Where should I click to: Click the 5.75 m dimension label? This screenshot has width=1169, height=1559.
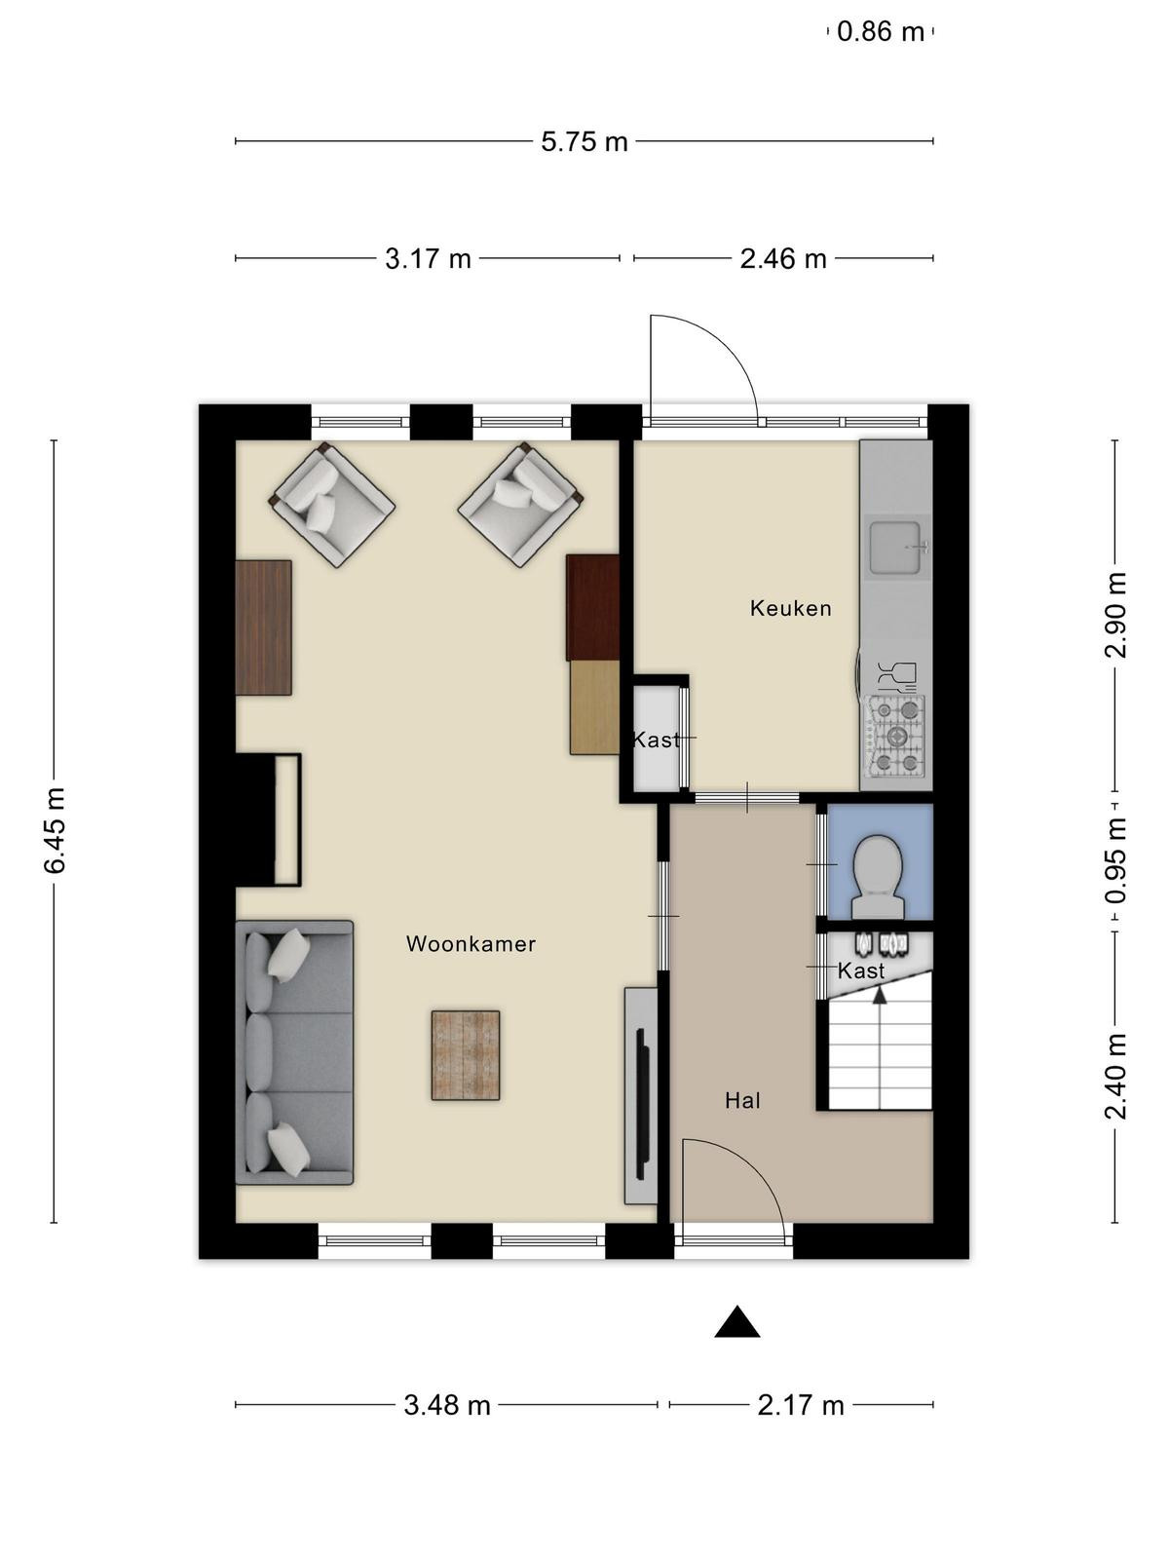584,142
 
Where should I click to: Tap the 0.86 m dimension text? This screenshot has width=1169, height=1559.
880,32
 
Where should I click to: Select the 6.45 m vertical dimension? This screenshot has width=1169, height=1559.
55,829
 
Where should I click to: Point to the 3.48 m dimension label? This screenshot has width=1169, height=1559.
447,1385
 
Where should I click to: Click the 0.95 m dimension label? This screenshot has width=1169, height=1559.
1115,860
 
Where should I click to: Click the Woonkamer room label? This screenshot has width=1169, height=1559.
471,944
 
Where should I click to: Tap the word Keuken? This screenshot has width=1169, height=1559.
791,608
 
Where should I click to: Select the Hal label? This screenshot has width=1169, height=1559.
743,1101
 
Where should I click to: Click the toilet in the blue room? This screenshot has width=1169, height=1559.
879,877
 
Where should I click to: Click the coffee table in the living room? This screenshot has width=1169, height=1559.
466,1055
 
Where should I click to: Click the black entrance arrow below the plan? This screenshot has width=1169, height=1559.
737,1322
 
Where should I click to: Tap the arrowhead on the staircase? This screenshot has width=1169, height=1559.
880,995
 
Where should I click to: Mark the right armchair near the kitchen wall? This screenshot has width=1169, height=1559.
520,505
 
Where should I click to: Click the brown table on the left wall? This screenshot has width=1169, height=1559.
263,627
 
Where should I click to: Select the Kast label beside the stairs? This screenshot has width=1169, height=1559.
861,970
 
